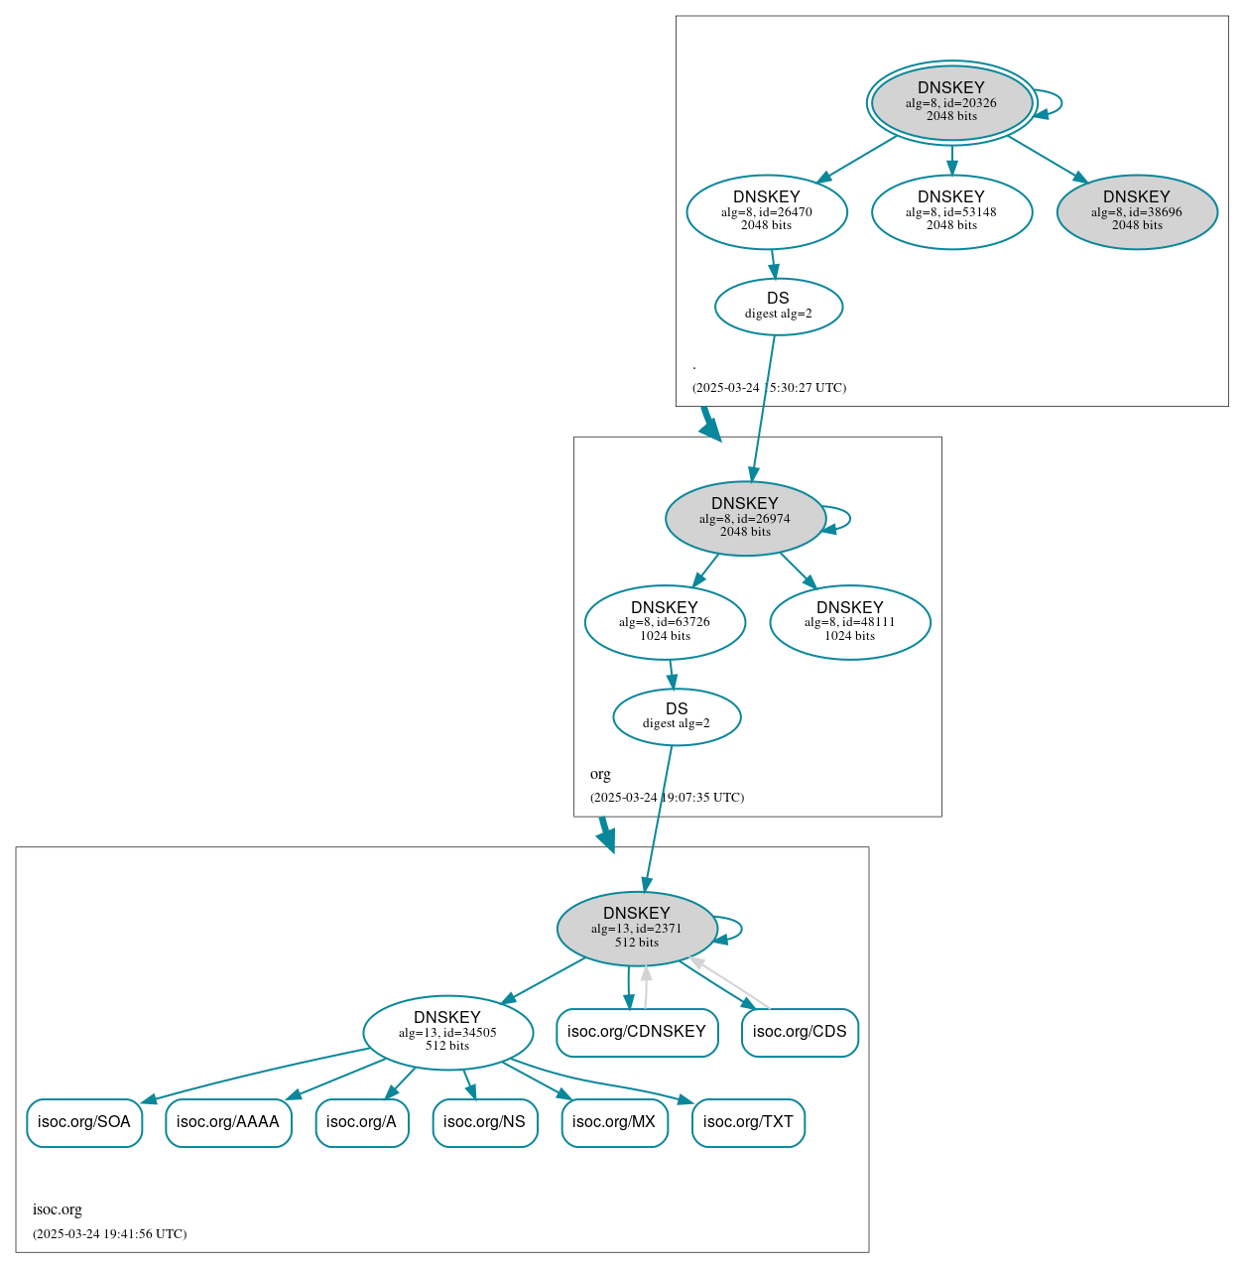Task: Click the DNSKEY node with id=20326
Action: point(951,102)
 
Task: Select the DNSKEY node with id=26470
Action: point(767,211)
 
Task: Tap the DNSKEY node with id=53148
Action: point(951,211)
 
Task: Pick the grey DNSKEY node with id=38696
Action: point(1137,211)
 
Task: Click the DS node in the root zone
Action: point(779,307)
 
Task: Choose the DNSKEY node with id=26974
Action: point(745,518)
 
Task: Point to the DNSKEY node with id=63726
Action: point(665,622)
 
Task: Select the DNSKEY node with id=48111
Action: point(850,622)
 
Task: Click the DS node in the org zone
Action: point(677,716)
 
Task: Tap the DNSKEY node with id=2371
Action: point(637,928)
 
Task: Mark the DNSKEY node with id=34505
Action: point(447,1032)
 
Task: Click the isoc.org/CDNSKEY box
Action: point(637,1032)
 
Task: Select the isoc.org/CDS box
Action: point(800,1032)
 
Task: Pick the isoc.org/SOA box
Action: point(84,1122)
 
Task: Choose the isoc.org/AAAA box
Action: point(228,1122)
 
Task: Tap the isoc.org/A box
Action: point(362,1122)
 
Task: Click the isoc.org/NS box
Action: point(485,1122)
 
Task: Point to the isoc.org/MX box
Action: point(614,1122)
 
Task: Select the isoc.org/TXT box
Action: point(748,1122)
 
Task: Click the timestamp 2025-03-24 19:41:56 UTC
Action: point(110,1234)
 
